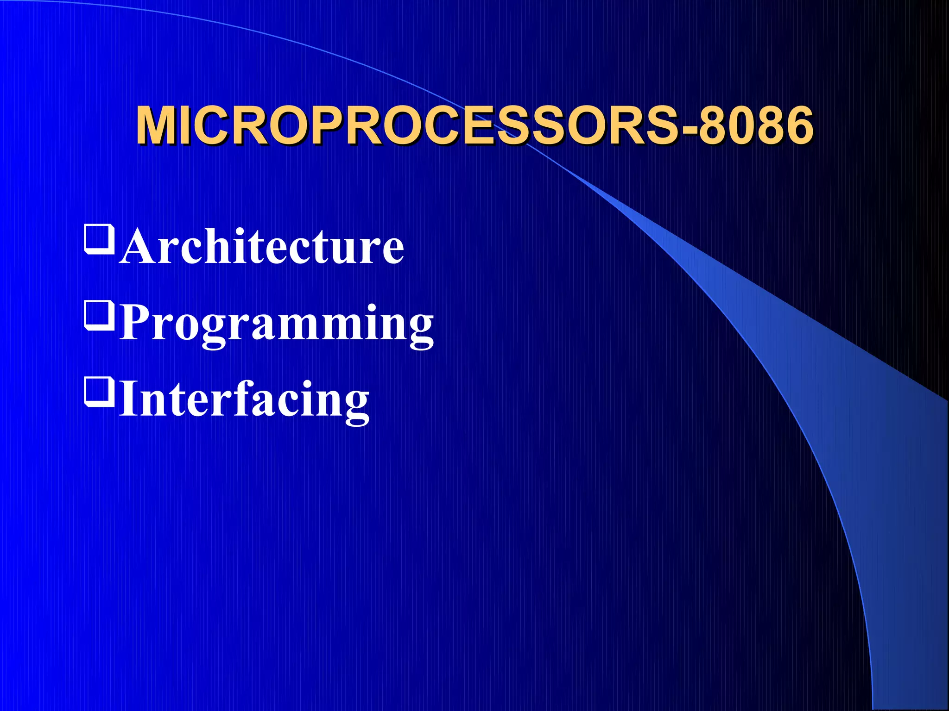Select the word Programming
(277, 324)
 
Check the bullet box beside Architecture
(99, 239)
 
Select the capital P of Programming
(137, 323)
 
